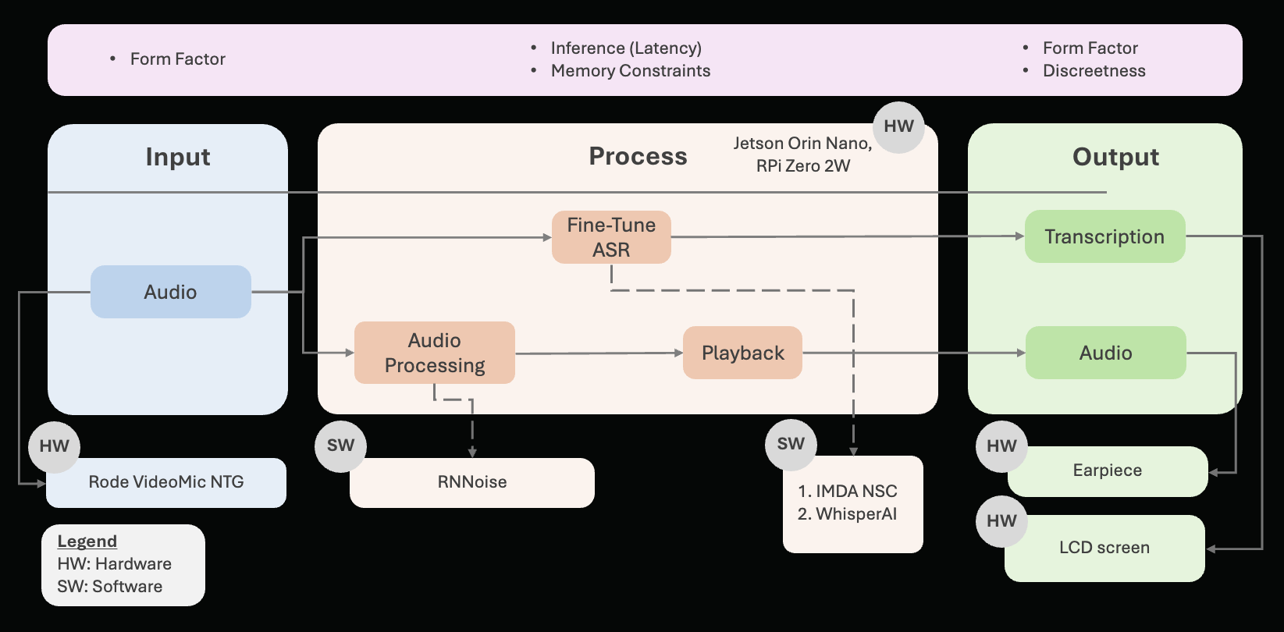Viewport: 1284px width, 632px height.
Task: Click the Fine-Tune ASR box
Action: (x=611, y=237)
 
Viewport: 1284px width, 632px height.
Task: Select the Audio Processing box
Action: (x=435, y=353)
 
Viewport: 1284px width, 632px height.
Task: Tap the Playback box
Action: (x=742, y=353)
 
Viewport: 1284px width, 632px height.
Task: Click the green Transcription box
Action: (x=1104, y=236)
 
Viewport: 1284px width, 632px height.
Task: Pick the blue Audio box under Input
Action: (x=171, y=292)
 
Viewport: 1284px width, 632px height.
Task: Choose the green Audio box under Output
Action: (x=1105, y=353)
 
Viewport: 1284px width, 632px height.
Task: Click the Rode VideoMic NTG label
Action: (x=166, y=482)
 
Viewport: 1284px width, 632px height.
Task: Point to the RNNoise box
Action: (x=472, y=482)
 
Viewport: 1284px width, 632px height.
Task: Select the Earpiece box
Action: (x=1108, y=470)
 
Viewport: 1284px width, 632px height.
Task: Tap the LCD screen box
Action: (x=1104, y=548)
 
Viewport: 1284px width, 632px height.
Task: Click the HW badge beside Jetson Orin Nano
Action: (x=898, y=126)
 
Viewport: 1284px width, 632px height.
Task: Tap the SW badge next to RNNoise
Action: (x=340, y=446)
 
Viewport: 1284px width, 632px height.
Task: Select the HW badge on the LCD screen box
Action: (x=1001, y=521)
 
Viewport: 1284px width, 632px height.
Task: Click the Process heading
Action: (x=638, y=156)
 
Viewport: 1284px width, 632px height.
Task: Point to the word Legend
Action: (x=87, y=541)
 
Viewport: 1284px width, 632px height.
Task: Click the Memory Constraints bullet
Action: (x=631, y=71)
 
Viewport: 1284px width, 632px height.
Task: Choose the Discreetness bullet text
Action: (x=1094, y=71)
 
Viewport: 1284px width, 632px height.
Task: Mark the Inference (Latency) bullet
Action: (x=626, y=48)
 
